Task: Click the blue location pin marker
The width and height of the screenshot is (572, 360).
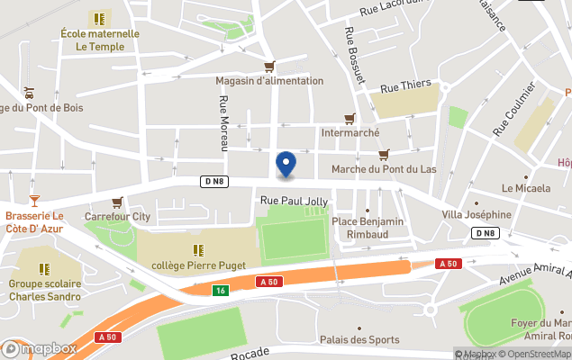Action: click(286, 164)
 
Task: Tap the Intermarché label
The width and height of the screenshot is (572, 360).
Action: click(350, 132)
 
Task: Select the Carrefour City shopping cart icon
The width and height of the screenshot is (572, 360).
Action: click(117, 202)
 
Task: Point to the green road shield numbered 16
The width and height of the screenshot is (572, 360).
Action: click(220, 290)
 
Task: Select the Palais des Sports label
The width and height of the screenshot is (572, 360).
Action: click(359, 339)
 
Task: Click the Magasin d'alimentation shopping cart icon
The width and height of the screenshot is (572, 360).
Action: click(269, 67)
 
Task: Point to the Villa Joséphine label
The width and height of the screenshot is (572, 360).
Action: click(476, 215)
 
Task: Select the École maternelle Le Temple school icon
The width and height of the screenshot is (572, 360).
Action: click(99, 18)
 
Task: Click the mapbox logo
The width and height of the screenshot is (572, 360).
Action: click(39, 348)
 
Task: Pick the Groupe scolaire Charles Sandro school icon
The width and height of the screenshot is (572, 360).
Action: click(44, 268)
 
